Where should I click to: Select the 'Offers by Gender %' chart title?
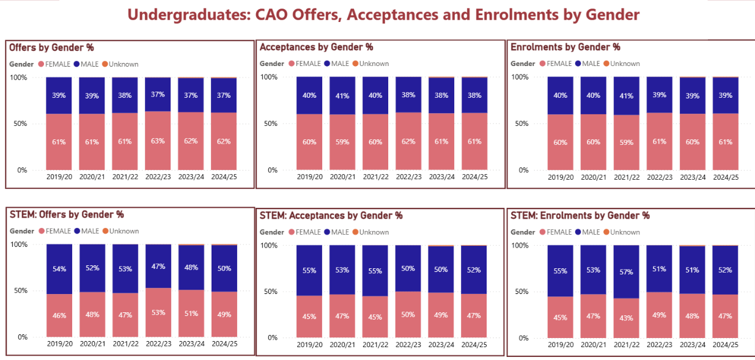coord(51,47)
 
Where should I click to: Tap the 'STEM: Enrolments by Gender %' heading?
coord(580,215)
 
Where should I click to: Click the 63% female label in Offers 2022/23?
coord(158,141)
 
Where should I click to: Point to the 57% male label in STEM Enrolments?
coord(626,271)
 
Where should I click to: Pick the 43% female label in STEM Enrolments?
coord(626,318)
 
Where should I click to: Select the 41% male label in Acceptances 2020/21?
coord(342,95)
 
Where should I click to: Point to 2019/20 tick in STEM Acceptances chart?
coord(309,345)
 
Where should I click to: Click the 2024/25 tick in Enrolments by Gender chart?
coord(725,177)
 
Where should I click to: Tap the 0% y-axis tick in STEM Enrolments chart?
coord(523,338)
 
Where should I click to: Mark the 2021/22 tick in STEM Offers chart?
coord(125,344)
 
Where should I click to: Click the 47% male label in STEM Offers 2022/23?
coord(158,266)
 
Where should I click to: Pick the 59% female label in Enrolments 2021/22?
coord(626,142)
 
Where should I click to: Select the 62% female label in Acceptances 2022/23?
coord(408,142)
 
